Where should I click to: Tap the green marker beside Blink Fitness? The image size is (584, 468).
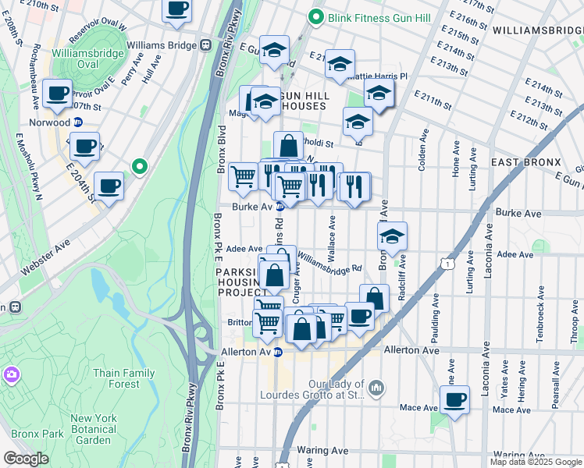[x=316, y=16]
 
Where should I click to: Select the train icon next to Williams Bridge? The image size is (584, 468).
[x=207, y=45]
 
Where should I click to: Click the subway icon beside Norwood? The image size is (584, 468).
[x=78, y=122]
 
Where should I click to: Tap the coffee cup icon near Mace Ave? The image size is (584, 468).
[x=454, y=399]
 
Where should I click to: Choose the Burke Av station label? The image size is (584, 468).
[x=251, y=207]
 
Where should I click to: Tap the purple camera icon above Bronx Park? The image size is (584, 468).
[x=12, y=375]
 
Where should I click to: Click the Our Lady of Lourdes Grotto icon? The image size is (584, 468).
[x=376, y=388]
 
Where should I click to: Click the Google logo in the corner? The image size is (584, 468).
[x=26, y=459]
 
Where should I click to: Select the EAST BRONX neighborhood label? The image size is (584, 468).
[x=526, y=162]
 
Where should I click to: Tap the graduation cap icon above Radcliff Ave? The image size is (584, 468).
[x=392, y=236]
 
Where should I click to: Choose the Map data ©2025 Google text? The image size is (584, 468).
[x=536, y=462]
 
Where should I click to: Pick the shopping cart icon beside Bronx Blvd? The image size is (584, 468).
[x=244, y=176]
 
